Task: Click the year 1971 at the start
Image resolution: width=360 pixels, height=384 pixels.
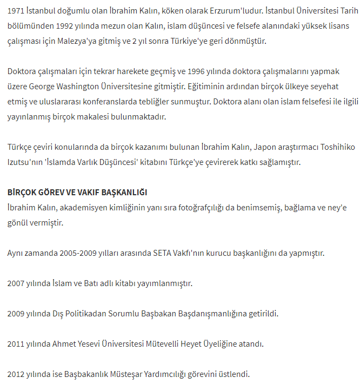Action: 17,11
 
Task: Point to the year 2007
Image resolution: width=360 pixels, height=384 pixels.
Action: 17,283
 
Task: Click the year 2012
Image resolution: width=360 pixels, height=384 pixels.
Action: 17,374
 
